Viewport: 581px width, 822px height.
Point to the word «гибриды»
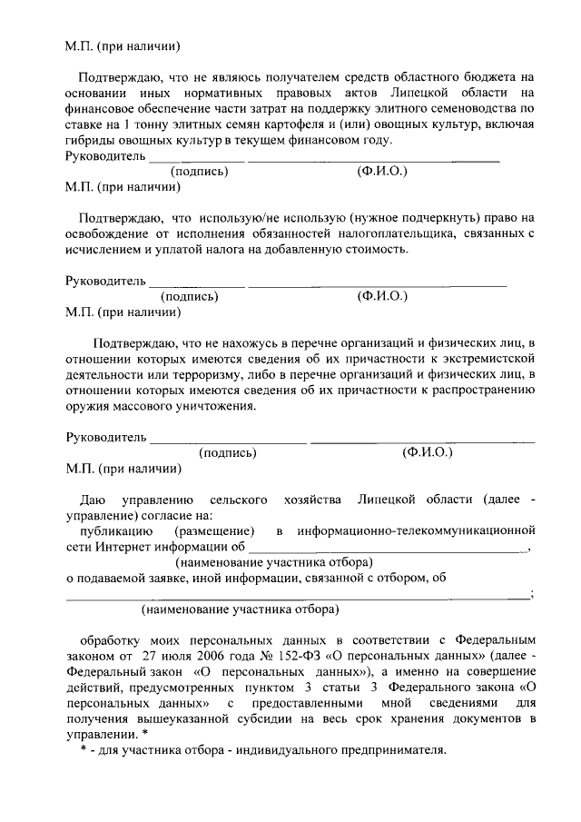pos(89,141)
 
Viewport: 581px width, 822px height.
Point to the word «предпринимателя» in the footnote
pos(398,751)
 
